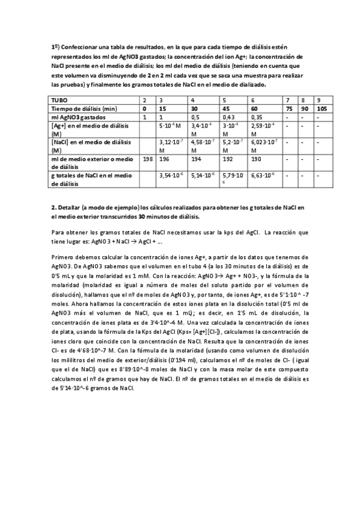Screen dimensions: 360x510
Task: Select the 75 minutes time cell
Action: pyautogui.click(x=289, y=108)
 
